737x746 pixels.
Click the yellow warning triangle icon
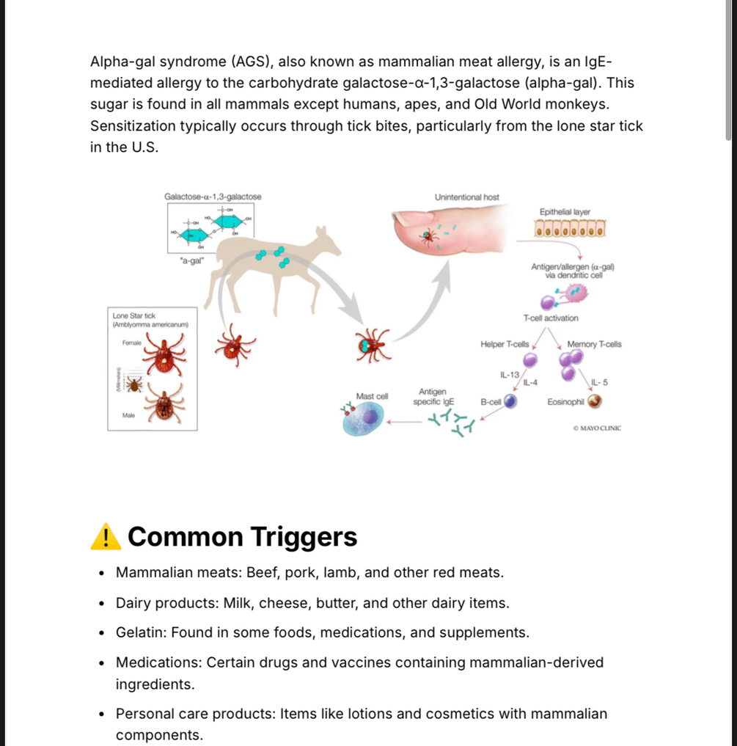pos(106,536)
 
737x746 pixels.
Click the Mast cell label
pos(372,396)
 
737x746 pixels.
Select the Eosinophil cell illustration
pos(595,401)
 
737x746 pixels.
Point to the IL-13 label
pos(510,375)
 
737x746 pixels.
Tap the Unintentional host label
pos(466,197)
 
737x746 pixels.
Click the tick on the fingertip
pos(428,235)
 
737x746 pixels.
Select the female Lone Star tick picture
pos(163,353)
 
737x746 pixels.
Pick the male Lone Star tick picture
pos(164,404)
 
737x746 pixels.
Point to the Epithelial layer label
pos(565,212)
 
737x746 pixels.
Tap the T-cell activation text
pos(550,318)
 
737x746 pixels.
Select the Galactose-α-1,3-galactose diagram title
pos(213,197)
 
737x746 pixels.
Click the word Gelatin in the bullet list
pos(140,632)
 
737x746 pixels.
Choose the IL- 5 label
pos(599,382)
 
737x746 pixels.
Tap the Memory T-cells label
pos(594,344)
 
